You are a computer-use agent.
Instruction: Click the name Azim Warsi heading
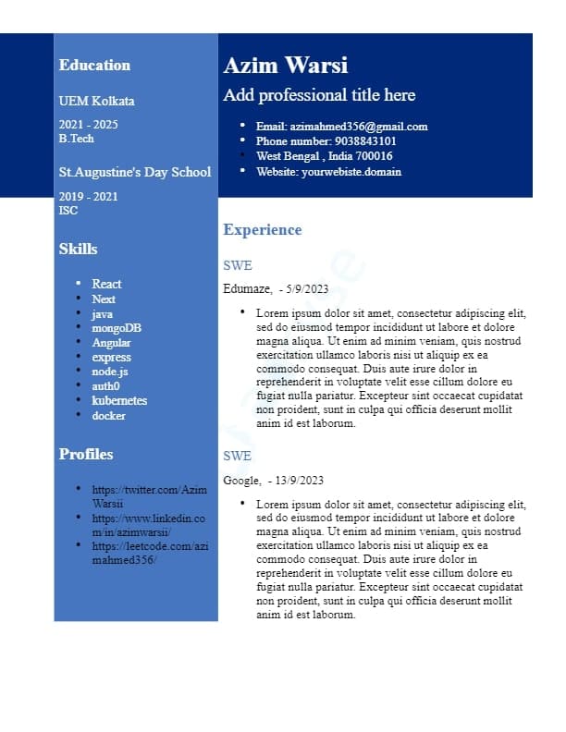[285, 66]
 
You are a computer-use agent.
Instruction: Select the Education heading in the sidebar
[94, 65]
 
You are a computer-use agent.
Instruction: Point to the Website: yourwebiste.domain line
[328, 172]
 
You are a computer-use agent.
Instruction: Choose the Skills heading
[78, 249]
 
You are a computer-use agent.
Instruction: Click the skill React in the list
[106, 284]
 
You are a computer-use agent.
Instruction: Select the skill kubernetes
[119, 400]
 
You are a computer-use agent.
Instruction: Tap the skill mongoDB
[117, 328]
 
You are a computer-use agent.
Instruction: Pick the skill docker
[108, 415]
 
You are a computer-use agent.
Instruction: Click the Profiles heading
[86, 454]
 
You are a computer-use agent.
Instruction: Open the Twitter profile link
[149, 496]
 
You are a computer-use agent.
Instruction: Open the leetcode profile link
[149, 553]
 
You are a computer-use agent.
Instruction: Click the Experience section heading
[262, 230]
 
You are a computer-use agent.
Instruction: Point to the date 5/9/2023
[307, 289]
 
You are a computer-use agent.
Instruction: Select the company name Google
[241, 480]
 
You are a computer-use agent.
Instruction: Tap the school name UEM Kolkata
[96, 101]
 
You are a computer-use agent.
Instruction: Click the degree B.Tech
[76, 139]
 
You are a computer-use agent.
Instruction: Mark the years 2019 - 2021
[88, 196]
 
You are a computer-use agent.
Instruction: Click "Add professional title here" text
[319, 95]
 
